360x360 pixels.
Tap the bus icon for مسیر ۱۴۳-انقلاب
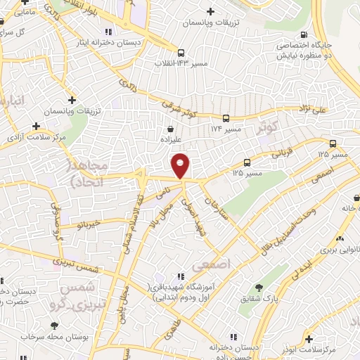(x=181, y=53)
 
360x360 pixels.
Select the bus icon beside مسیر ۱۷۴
(x=226, y=119)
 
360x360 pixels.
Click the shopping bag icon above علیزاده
(x=172, y=129)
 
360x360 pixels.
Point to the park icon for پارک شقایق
(x=259, y=287)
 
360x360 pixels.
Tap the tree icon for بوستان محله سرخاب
(x=55, y=324)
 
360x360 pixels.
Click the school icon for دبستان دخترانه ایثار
(x=108, y=31)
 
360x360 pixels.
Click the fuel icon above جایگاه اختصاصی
(x=303, y=34)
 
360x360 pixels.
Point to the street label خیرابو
(x=90, y=224)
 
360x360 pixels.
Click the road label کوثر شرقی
(x=175, y=110)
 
